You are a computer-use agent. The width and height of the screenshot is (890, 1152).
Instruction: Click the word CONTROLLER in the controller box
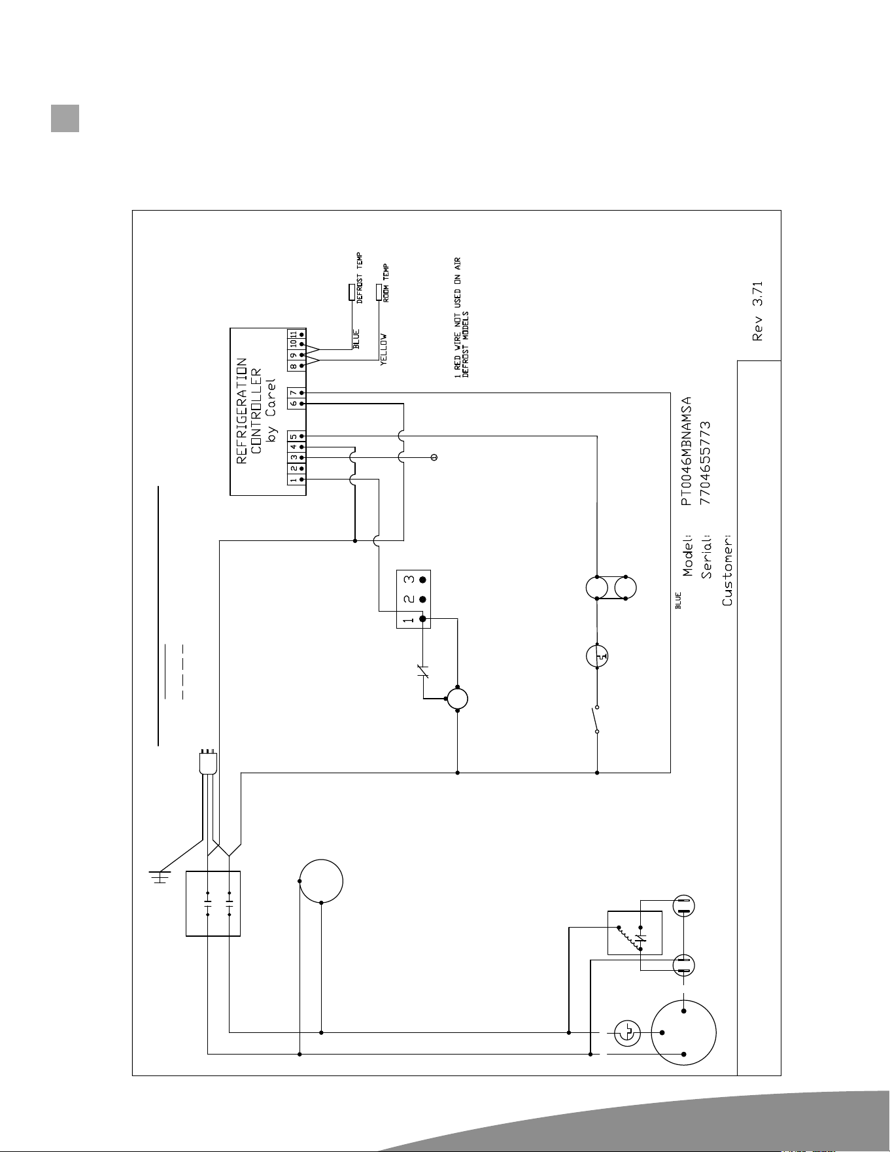tap(257, 410)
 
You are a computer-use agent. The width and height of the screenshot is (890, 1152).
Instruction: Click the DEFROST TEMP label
tap(360, 278)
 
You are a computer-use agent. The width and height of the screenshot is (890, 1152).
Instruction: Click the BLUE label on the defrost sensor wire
tap(357, 340)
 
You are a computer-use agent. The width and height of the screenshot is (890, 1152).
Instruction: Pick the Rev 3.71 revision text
tap(758, 311)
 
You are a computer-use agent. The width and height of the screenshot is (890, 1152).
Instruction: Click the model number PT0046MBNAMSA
tap(686, 451)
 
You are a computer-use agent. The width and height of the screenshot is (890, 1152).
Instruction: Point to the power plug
tap(207, 761)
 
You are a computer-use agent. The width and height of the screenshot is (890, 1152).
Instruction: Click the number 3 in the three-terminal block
tap(409, 580)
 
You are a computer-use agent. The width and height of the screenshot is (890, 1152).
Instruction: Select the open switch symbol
tap(596, 720)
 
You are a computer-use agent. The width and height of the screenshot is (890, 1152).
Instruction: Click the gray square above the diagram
tap(65, 118)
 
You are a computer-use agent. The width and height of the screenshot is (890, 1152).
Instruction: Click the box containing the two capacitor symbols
tap(213, 903)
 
